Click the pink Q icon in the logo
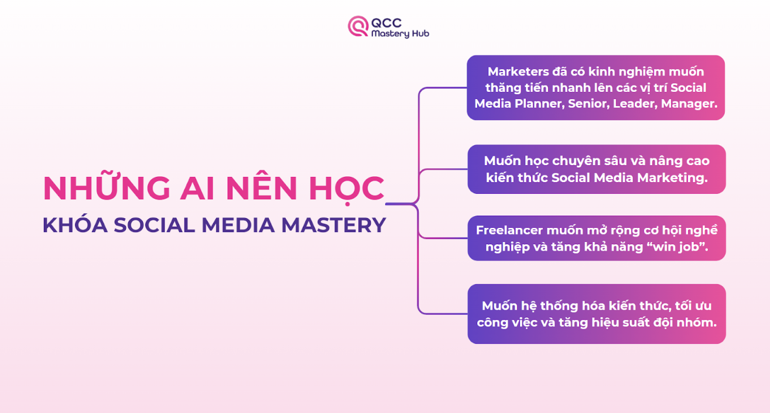(358, 26)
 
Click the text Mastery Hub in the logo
(400, 34)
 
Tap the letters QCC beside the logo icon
(386, 23)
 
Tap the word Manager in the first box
(688, 104)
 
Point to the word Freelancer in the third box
(509, 230)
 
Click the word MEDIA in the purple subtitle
(238, 225)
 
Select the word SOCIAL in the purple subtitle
(154, 225)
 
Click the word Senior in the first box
(588, 104)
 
